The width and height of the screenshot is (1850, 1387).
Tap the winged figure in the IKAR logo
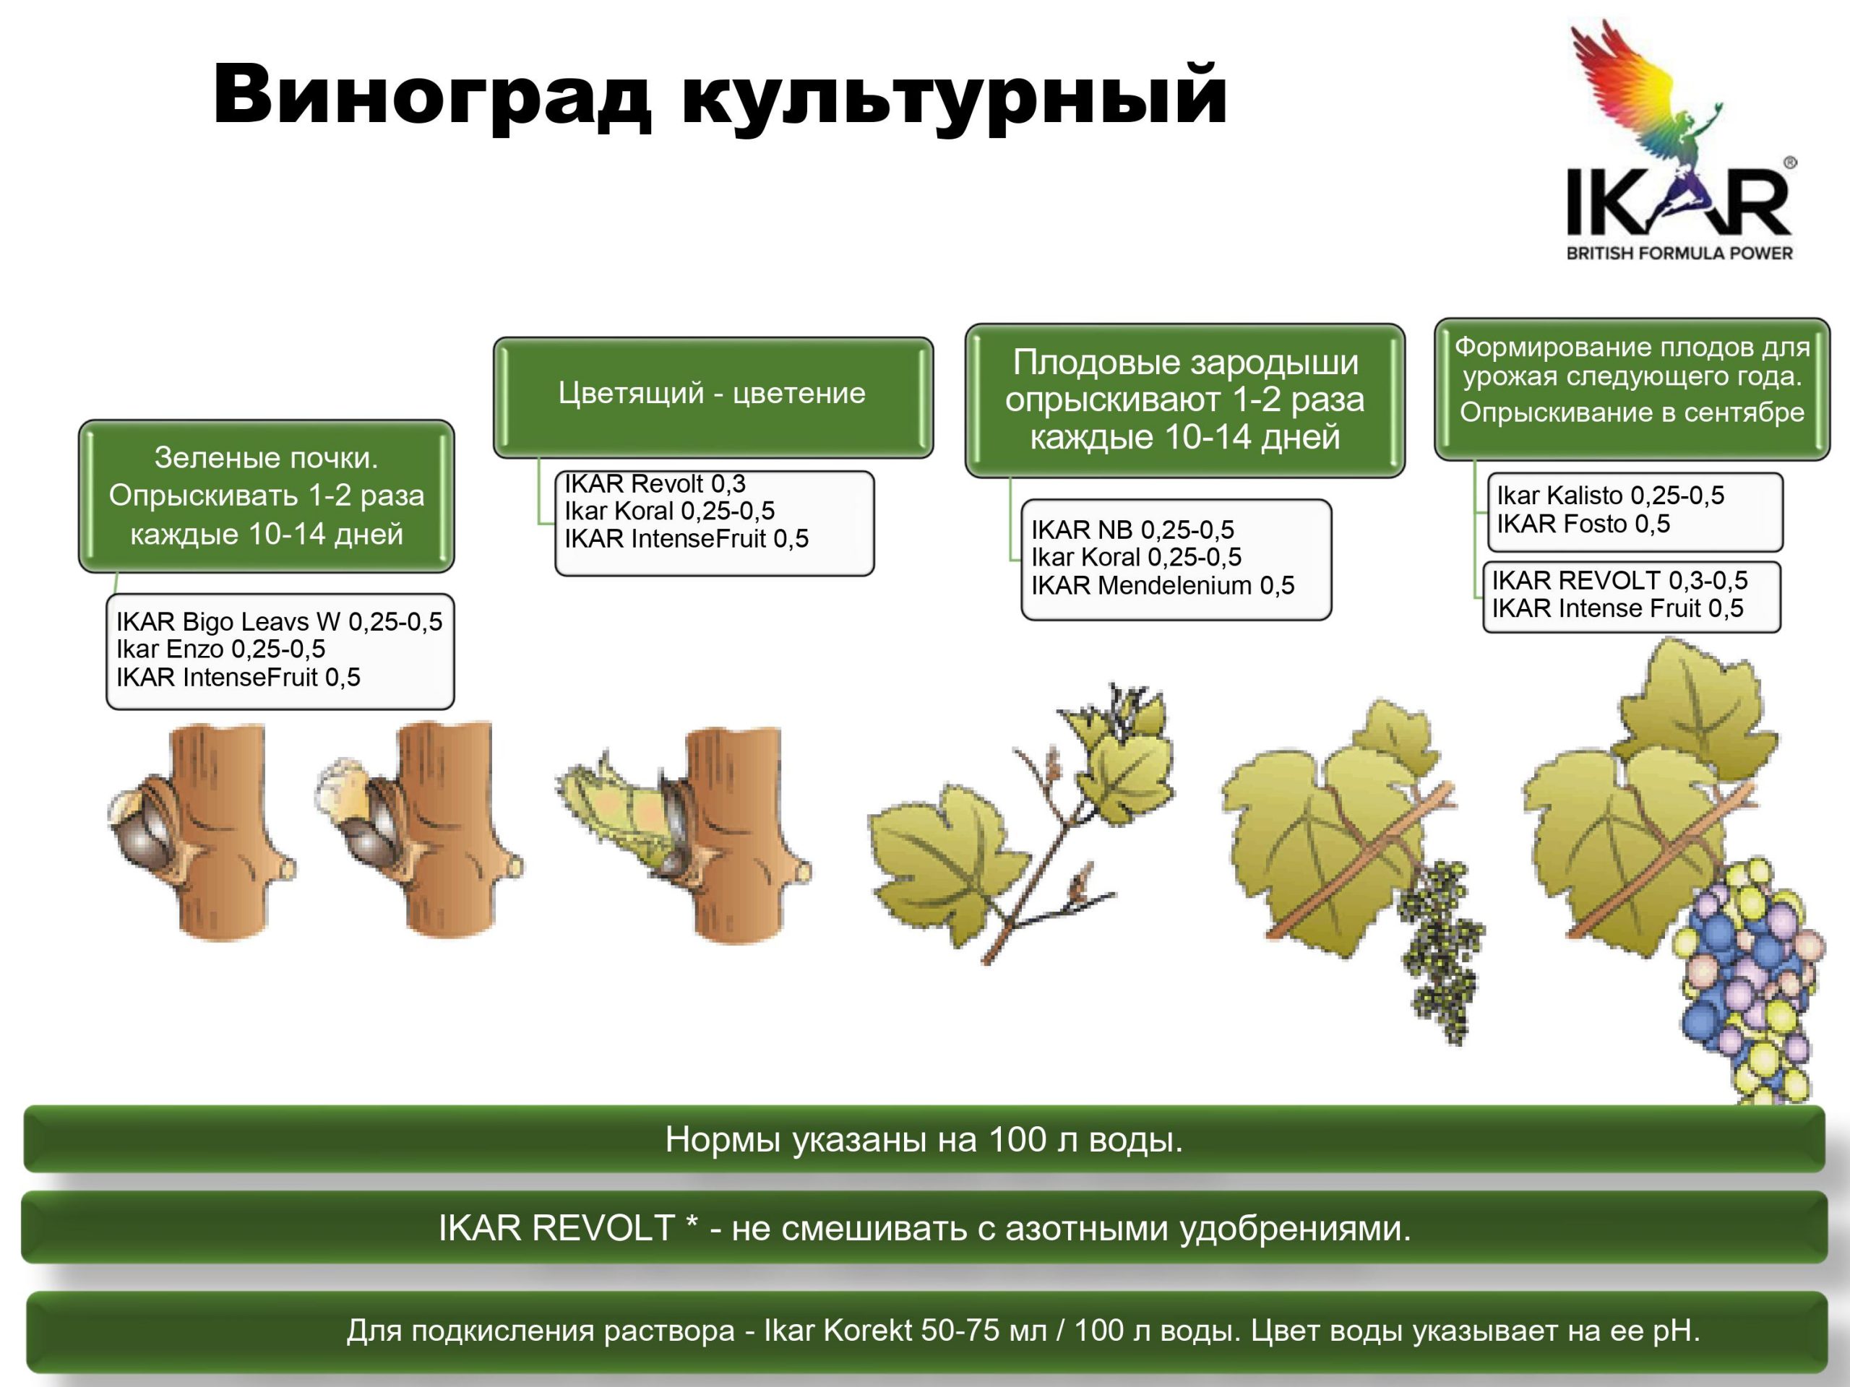1646,92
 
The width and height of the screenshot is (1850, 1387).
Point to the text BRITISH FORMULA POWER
1679,253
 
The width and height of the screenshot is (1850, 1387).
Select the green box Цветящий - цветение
713,397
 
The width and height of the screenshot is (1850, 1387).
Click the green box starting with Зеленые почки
266,496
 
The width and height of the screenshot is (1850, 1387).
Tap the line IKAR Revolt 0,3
655,483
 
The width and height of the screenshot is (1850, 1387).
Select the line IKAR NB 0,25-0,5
1132,530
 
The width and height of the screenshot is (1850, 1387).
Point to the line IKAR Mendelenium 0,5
1163,585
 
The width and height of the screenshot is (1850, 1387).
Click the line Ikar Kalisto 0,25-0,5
1610,495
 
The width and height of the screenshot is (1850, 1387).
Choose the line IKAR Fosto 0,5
1583,523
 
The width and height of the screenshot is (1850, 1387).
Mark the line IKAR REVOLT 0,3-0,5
1620,579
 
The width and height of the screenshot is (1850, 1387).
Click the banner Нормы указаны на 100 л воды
924,1138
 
